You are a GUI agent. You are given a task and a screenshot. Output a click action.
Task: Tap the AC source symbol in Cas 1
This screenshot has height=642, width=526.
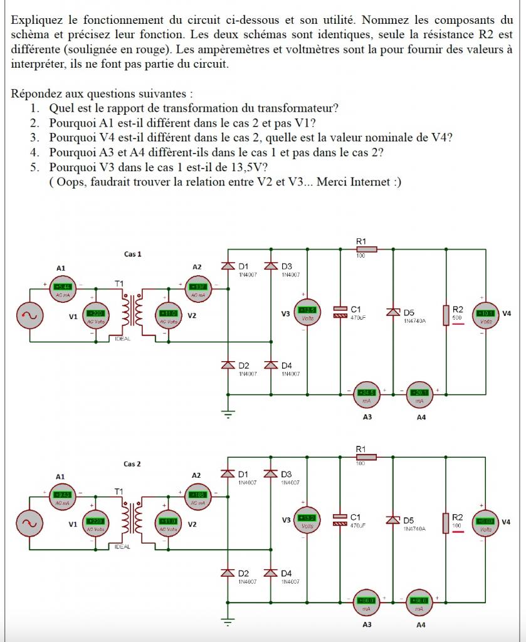pyautogui.click(x=29, y=315)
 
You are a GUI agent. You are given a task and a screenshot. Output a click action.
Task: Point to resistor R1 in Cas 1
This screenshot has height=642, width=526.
pyautogui.click(x=366, y=249)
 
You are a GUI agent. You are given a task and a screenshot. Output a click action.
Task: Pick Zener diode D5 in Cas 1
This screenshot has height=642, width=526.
pyautogui.click(x=393, y=312)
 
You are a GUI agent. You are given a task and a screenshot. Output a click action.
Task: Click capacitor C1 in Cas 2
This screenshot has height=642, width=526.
pyautogui.click(x=340, y=520)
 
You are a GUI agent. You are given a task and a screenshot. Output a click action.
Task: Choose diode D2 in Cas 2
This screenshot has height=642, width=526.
pyautogui.click(x=227, y=573)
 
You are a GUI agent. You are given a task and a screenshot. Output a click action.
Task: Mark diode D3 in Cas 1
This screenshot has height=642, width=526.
pyautogui.click(x=270, y=266)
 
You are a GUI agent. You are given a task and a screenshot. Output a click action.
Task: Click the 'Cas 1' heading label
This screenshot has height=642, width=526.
pyautogui.click(x=132, y=254)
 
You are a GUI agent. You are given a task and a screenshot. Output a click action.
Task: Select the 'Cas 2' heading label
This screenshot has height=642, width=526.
pyautogui.click(x=132, y=464)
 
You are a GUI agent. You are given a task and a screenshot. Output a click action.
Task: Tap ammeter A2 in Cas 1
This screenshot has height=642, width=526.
pyautogui.click(x=197, y=290)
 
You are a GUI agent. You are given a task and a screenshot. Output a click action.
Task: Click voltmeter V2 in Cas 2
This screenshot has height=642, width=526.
pyautogui.click(x=167, y=522)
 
